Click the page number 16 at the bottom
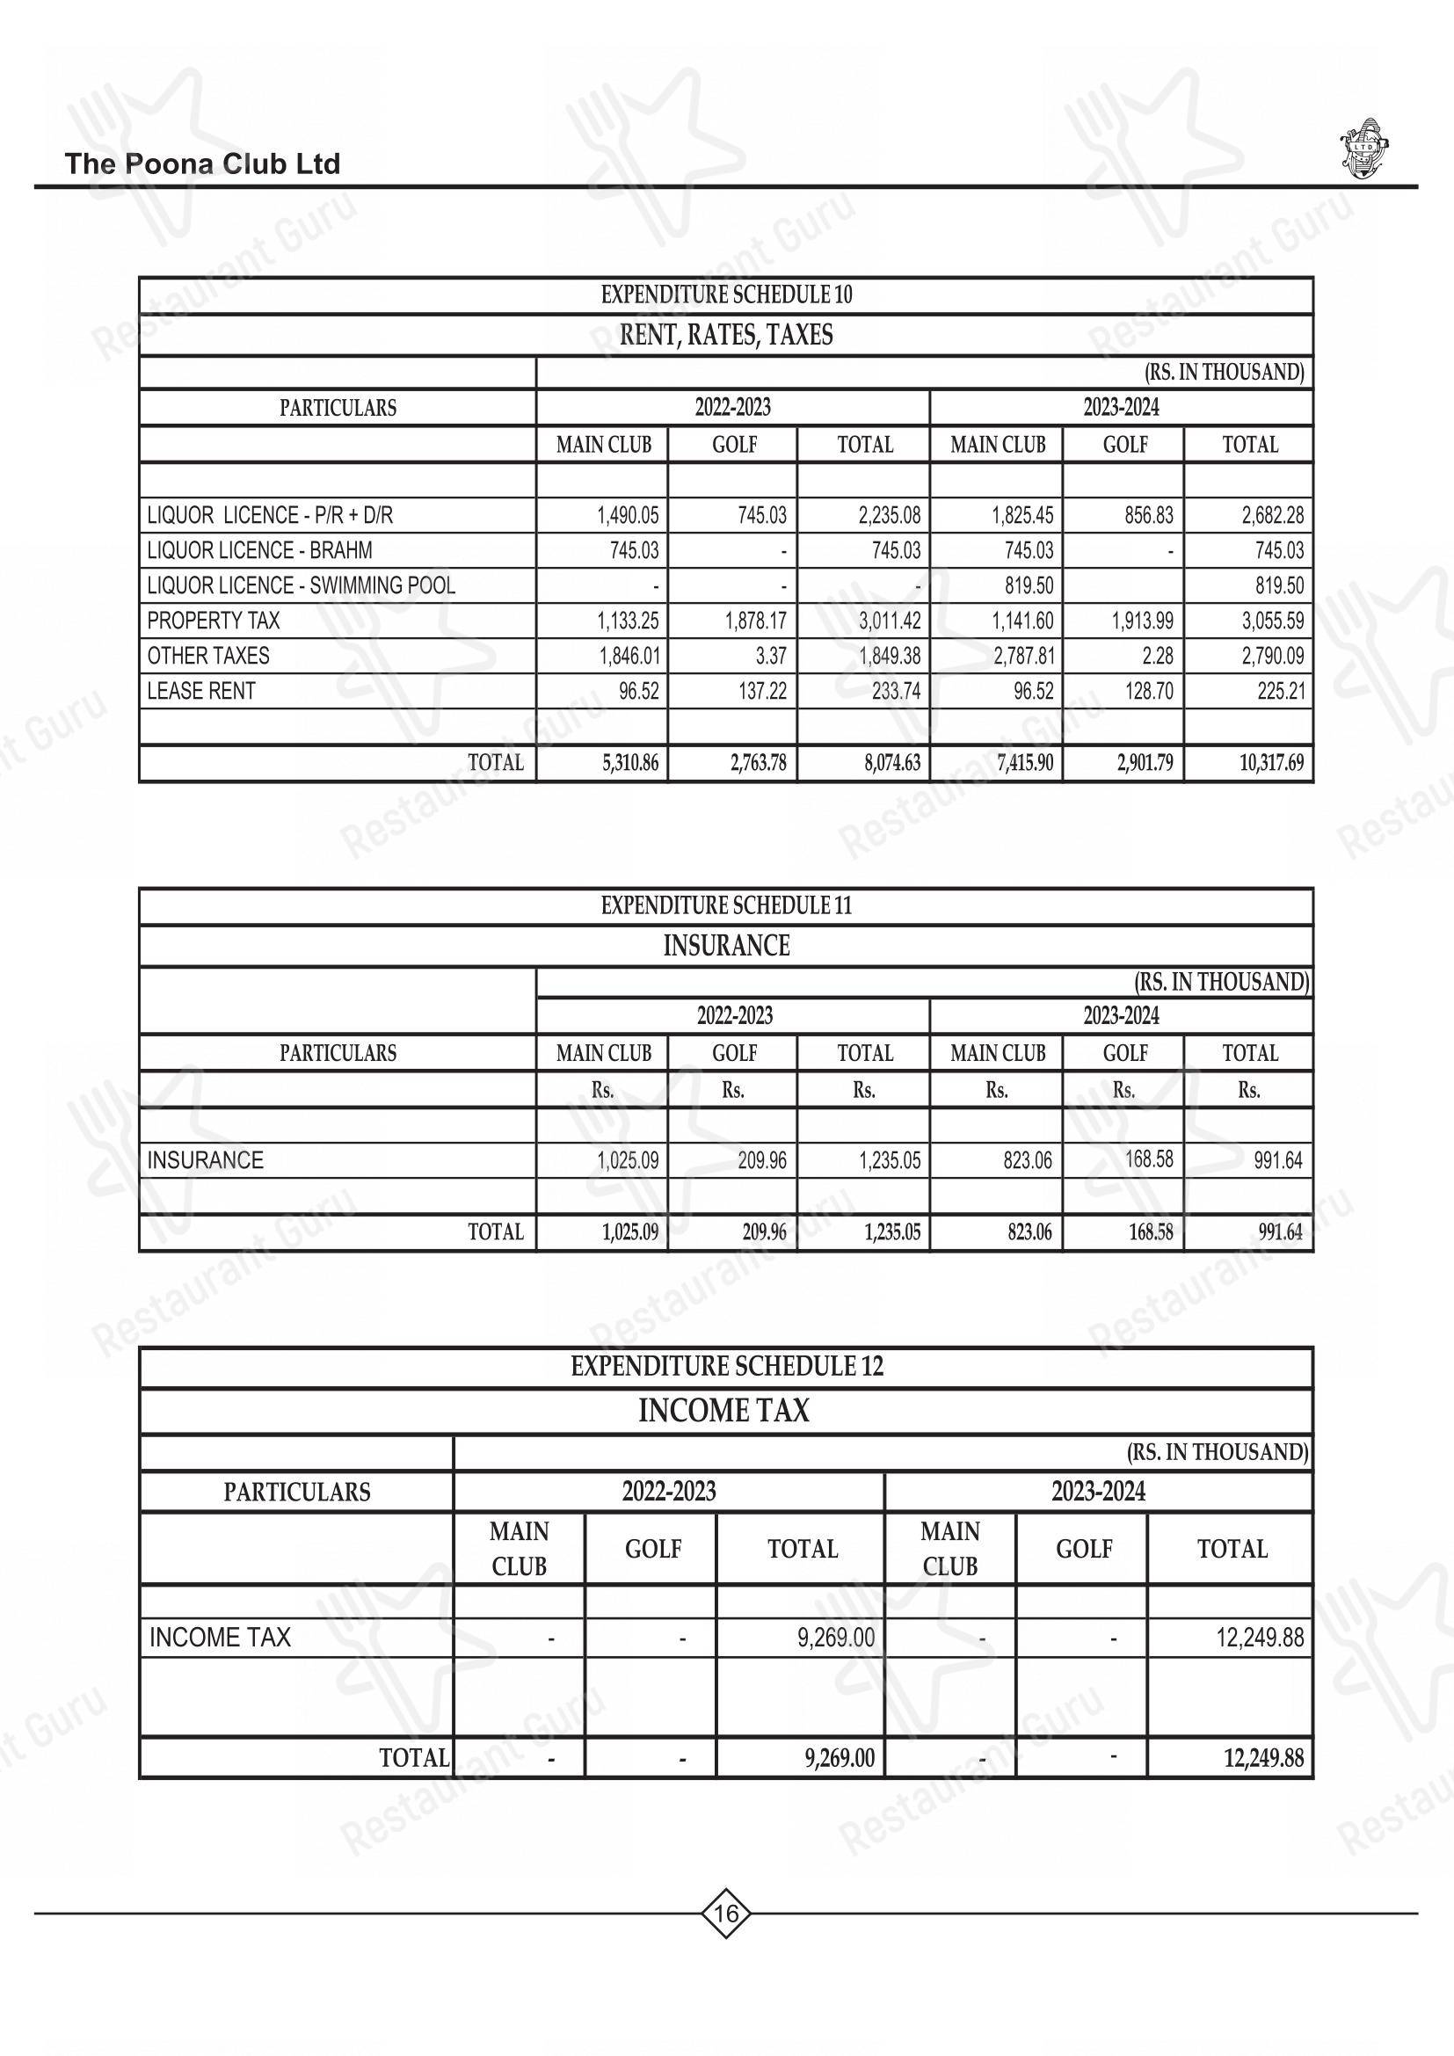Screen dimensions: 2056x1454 [726, 1914]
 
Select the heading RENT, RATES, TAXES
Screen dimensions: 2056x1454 [726, 335]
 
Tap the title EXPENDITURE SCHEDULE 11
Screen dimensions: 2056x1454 [726, 905]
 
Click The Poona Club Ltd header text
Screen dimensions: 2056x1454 [202, 163]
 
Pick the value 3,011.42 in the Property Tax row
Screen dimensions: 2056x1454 [889, 621]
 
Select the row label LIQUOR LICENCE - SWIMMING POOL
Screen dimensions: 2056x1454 [301, 585]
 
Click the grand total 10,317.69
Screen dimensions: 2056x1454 [1271, 763]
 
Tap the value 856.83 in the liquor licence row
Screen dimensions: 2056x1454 [1149, 516]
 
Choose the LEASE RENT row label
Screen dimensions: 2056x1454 [200, 691]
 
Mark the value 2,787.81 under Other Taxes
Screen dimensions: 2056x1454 [1023, 657]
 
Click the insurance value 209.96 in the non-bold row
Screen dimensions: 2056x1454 [762, 1160]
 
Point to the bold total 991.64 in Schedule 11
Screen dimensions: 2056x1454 [1280, 1232]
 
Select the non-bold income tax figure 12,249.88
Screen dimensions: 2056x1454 [1260, 1638]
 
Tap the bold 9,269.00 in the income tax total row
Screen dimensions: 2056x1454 [839, 1758]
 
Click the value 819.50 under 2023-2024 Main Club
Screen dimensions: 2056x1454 [1029, 585]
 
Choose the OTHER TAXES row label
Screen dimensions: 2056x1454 [207, 657]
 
